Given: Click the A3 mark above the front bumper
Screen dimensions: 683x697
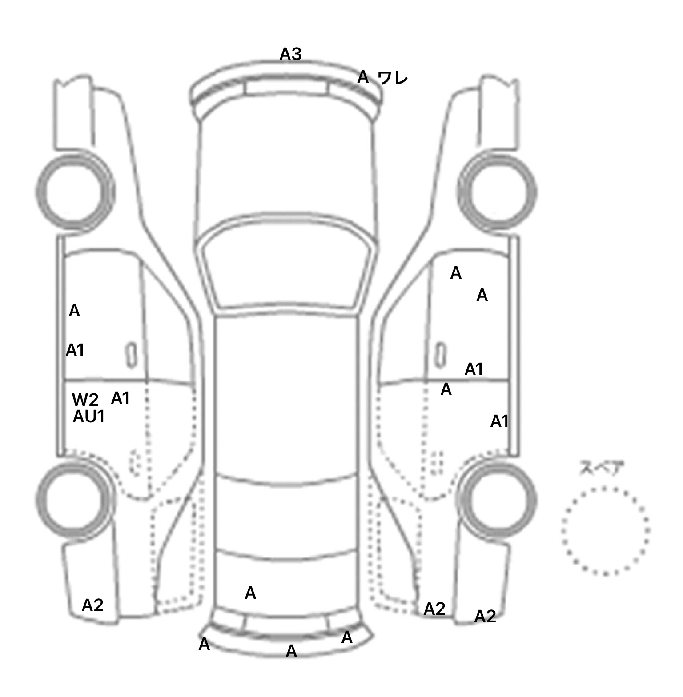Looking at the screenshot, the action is tap(290, 54).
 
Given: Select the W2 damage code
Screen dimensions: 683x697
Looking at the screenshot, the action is tap(85, 400).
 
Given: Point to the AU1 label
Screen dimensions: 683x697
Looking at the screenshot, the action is tap(88, 417).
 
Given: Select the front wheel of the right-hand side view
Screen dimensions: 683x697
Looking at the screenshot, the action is tap(497, 192).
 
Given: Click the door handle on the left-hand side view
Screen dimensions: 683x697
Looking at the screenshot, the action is tap(131, 355).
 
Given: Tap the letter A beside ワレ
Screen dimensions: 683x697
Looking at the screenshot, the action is tap(363, 77).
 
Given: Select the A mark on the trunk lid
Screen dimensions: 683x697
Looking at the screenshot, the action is tap(250, 593).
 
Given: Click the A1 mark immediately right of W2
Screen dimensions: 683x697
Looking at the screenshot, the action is tap(120, 398).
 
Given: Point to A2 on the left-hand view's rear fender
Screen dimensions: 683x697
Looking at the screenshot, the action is tap(92, 605).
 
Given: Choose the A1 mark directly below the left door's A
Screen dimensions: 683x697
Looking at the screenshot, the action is tap(75, 350).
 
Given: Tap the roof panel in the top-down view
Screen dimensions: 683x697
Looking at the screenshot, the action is tap(287, 396).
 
